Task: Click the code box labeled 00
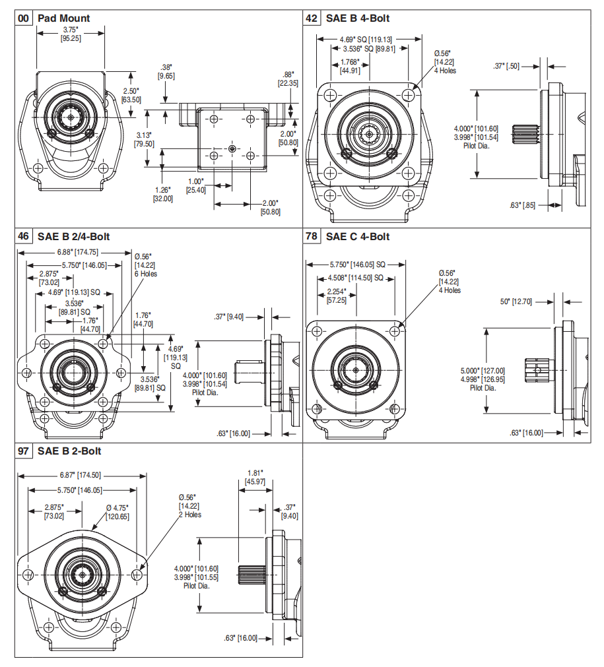point(24,18)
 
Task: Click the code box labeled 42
point(312,18)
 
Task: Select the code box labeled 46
point(24,237)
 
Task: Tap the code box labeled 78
point(312,237)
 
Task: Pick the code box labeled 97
point(24,452)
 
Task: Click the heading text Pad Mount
point(64,18)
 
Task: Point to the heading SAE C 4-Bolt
point(358,237)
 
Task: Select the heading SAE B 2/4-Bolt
point(74,237)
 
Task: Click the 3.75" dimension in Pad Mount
point(71,30)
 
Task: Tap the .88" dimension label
point(287,75)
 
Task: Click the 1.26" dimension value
point(162,190)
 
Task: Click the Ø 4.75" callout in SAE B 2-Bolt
point(117,507)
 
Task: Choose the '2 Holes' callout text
point(189,515)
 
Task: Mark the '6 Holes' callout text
point(145,273)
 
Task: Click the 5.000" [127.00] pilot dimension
point(483,371)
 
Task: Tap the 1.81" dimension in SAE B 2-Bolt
point(255,473)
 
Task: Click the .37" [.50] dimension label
point(506,66)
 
